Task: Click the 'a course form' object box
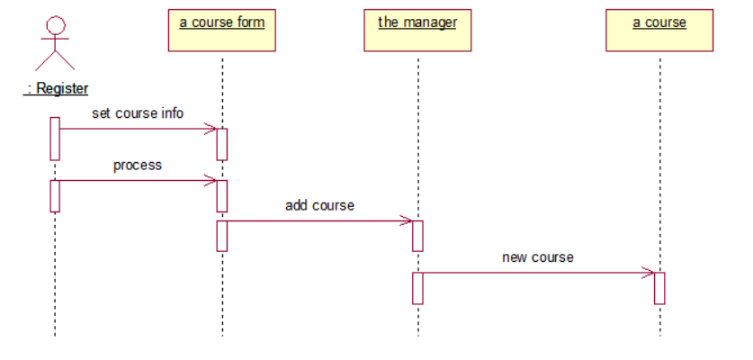pos(222,30)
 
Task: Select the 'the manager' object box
pos(417,30)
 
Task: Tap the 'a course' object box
pos(659,30)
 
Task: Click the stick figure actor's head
pos(55,24)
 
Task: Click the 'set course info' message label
pos(138,113)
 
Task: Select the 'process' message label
pos(138,166)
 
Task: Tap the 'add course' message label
pos(319,205)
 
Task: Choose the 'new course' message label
pos(537,257)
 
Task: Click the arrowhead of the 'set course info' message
pos(212,129)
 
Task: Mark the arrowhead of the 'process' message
pos(212,180)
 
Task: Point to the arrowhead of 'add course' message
pos(408,220)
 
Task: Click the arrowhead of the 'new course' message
pos(650,272)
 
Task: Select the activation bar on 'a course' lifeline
pos(659,288)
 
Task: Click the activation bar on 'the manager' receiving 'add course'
pos(417,236)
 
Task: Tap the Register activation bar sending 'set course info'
pos(55,139)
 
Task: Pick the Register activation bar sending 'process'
pos(55,195)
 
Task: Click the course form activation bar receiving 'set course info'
pos(222,144)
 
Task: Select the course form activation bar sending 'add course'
pos(222,235)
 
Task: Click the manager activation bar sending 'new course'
pos(417,288)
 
